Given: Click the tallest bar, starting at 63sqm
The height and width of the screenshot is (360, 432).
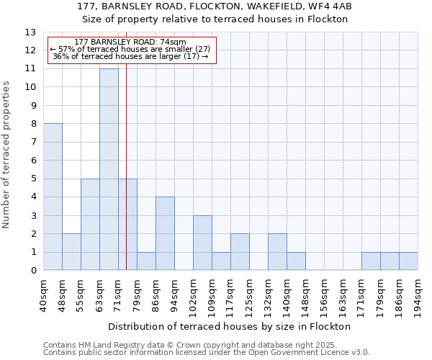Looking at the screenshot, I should click(x=109, y=169).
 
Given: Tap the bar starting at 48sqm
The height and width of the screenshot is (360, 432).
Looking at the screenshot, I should click(x=71, y=252).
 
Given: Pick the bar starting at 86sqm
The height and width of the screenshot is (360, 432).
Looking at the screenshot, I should click(x=165, y=233).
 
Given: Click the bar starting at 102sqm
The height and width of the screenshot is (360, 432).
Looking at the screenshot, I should click(x=202, y=243).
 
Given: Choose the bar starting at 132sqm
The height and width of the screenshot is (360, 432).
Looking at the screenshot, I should click(x=277, y=252).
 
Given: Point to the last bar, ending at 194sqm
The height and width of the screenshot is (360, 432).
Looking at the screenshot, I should click(x=408, y=261).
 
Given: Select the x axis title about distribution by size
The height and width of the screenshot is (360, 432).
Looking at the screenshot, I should click(x=230, y=326).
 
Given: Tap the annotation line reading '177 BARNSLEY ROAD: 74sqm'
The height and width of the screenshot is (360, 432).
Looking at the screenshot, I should click(x=130, y=42).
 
